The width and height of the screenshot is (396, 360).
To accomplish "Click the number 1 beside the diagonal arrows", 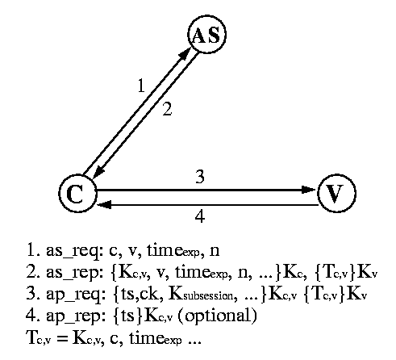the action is tap(141, 86).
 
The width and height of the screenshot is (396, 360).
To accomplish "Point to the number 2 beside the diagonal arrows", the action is tap(167, 109).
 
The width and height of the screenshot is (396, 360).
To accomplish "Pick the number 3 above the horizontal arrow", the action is tap(200, 177).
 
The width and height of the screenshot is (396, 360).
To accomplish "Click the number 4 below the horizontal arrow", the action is tap(200, 216).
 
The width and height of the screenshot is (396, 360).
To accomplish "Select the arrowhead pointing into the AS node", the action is tap(185, 53).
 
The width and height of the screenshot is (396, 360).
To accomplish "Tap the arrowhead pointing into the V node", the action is tap(309, 190).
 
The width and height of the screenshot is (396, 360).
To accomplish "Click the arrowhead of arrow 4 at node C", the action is tap(104, 205).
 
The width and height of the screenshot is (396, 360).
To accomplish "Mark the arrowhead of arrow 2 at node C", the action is tap(98, 172).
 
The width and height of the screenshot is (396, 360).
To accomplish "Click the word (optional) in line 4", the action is tap(218, 316).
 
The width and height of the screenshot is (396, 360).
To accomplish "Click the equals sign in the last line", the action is tap(62, 338).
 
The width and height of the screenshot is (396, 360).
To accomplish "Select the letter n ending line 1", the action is tap(215, 251).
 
